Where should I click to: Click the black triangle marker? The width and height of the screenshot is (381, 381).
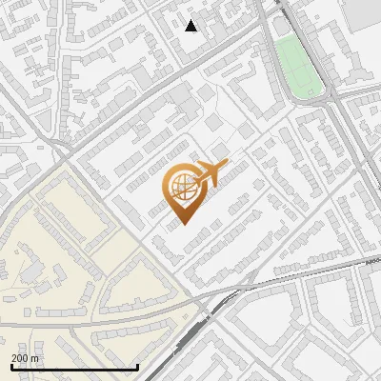[191, 26]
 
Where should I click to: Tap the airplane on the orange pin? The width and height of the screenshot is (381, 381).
[208, 173]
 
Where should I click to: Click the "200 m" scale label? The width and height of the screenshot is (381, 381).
[27, 358]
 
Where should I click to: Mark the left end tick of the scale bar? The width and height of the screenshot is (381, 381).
[10, 367]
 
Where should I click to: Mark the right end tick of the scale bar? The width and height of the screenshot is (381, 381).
[138, 367]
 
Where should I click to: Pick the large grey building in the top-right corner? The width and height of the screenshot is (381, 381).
[362, 11]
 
